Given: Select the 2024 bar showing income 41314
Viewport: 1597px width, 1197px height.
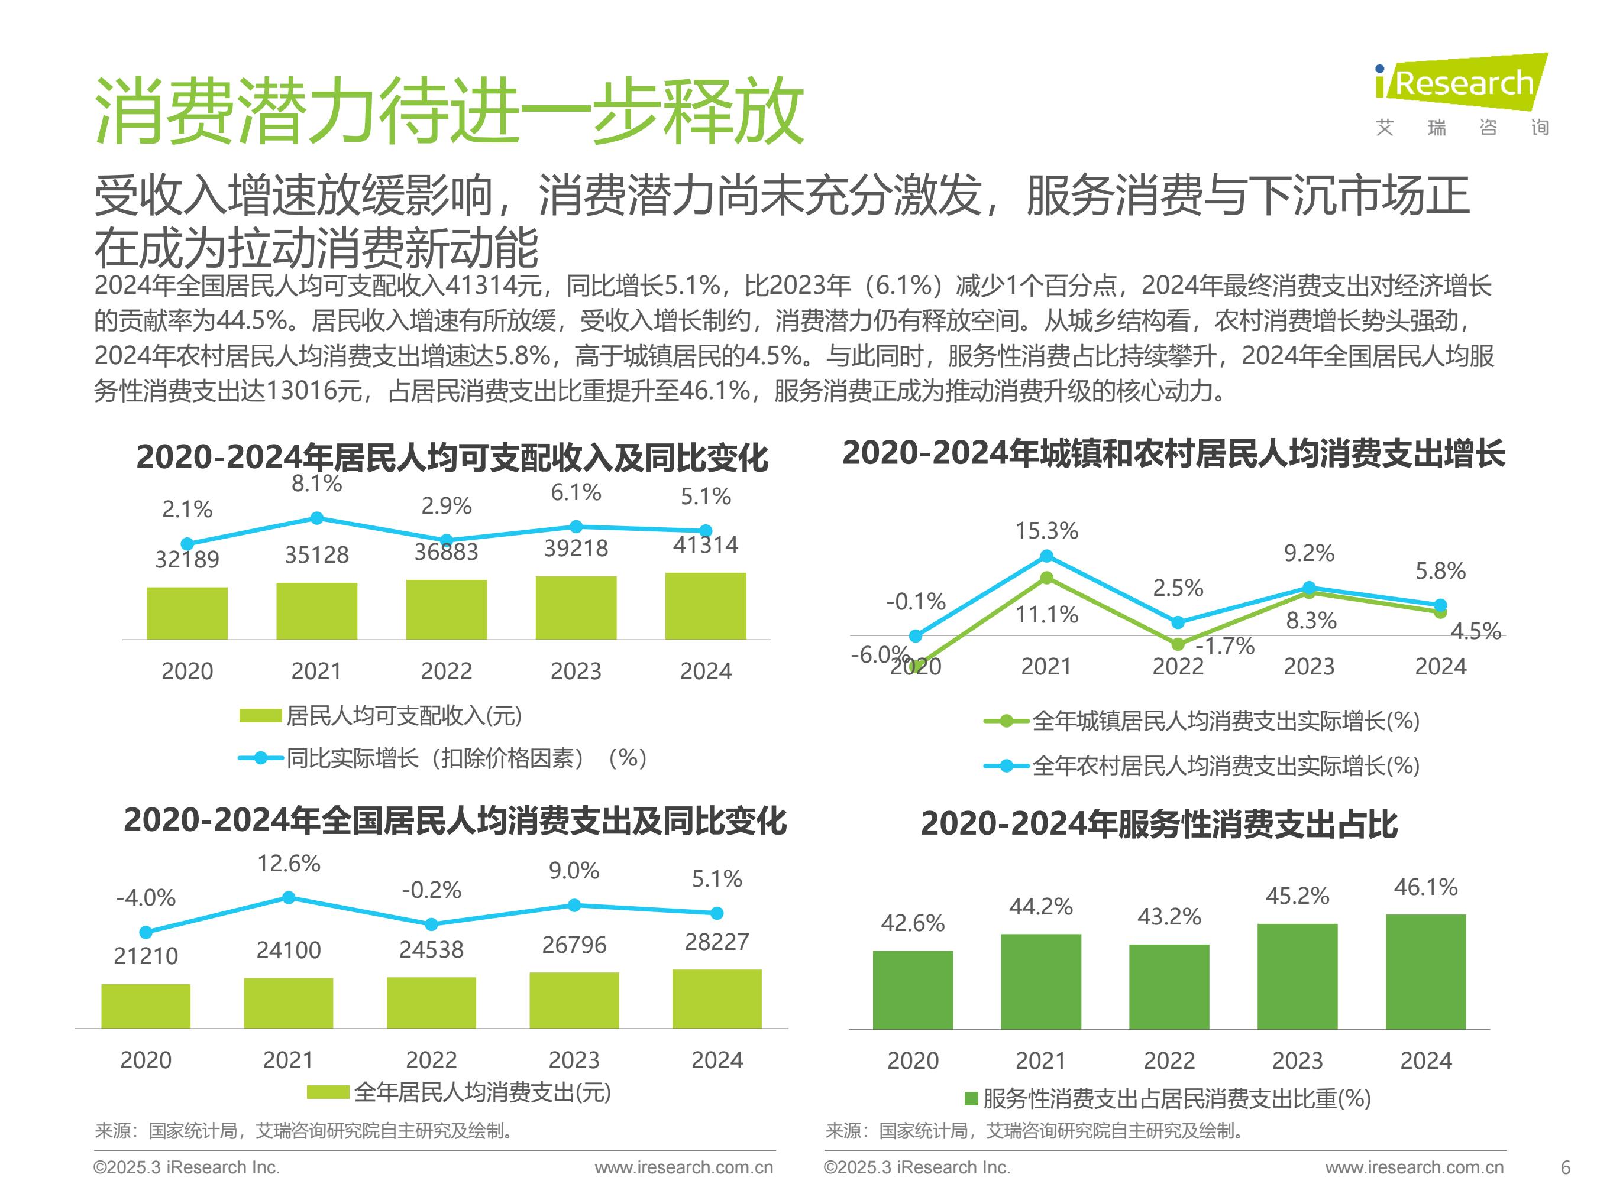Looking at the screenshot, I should [x=706, y=606].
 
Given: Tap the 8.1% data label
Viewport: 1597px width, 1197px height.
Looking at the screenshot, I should [x=316, y=484].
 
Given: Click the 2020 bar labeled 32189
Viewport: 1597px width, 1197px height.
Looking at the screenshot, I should [x=187, y=614].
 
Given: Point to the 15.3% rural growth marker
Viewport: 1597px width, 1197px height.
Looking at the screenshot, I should [x=1046, y=556].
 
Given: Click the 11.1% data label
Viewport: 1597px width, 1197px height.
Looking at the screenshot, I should [x=1047, y=615].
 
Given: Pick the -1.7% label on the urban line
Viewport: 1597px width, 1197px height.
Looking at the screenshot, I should [x=1225, y=645].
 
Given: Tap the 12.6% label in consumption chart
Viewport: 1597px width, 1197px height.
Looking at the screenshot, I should [x=289, y=863].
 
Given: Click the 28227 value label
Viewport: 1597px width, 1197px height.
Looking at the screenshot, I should [x=717, y=942].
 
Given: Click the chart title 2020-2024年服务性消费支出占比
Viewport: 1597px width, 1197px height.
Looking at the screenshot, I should [x=1159, y=824].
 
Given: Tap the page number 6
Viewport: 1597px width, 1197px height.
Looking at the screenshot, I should [x=1565, y=1167].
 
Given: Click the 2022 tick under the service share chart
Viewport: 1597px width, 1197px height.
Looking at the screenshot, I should [x=1169, y=1060].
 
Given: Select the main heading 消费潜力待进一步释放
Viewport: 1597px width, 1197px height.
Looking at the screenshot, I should [x=449, y=112].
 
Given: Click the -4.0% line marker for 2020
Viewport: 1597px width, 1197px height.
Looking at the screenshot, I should [x=146, y=932].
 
